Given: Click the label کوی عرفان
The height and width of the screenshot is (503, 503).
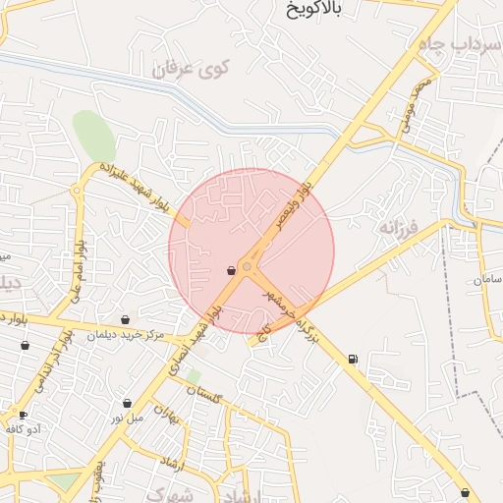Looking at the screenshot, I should tap(191, 71).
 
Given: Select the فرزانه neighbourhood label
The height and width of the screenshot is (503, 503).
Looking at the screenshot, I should tap(397, 227).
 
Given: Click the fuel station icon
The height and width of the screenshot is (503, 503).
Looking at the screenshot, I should tap(353, 360).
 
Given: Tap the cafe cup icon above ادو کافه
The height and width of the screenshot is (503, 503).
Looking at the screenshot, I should tap(23, 416).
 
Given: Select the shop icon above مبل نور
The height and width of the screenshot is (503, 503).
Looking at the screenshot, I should tap(127, 403).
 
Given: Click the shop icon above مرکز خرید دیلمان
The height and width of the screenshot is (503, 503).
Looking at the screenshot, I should tap(125, 319).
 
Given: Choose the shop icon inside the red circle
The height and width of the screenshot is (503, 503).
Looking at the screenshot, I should tap(231, 270).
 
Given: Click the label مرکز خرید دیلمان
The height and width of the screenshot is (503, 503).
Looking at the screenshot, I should tap(125, 334).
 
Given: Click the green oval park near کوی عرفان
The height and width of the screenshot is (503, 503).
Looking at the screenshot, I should tap(92, 138).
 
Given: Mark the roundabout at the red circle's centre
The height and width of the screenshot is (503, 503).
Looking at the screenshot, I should tap(248, 265).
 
